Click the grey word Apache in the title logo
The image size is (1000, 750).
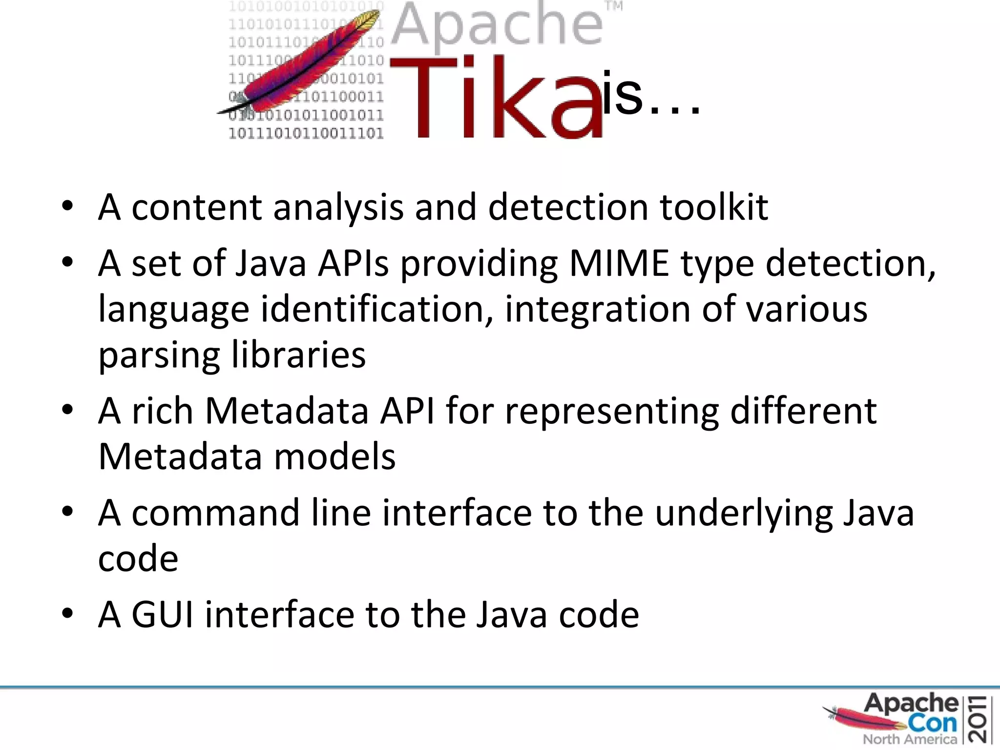coord(497,27)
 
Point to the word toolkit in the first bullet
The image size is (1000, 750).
coord(714,207)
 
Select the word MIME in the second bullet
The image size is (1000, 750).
coord(619,264)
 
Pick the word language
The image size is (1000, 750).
coord(173,311)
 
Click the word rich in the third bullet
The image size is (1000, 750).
coord(162,411)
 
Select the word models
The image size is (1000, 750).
coord(334,457)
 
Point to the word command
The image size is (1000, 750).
coord(215,513)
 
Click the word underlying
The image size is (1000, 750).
coord(744,514)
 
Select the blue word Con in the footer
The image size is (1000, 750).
coord(933,723)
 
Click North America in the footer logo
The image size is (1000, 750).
coord(910,739)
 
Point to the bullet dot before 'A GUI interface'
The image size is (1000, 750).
coord(67,613)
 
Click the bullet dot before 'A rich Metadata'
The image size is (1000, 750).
coord(67,410)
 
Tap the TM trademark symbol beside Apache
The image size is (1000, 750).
coord(614,7)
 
